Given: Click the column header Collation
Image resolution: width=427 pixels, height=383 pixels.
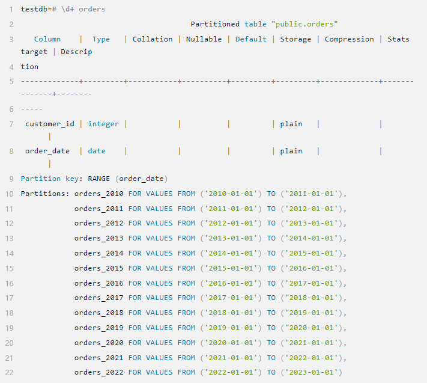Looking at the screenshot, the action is [153, 39].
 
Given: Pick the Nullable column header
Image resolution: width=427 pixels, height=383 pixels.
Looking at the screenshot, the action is [204, 39].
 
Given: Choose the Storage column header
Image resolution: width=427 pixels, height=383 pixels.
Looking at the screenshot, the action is [295, 39].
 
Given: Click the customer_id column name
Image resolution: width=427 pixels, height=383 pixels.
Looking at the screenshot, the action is [50, 124].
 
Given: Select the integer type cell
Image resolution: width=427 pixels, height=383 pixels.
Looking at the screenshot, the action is [103, 124].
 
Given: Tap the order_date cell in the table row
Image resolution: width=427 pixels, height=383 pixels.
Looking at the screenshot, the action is [47, 151].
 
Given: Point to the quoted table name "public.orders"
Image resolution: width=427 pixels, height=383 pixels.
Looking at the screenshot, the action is [304, 24].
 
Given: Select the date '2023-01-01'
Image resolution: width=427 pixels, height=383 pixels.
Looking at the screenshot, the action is [311, 373].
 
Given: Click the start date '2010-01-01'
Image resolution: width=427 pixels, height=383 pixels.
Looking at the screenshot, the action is [231, 194].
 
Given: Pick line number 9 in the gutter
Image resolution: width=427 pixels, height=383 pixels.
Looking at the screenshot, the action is [12, 179].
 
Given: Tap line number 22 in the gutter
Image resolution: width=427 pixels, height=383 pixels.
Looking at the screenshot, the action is [10, 373].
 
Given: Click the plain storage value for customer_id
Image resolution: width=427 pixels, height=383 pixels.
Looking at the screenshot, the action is [291, 124].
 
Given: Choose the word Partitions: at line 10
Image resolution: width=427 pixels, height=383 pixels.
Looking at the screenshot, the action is [45, 194].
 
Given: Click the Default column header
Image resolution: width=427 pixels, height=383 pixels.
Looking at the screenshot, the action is [251, 39].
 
